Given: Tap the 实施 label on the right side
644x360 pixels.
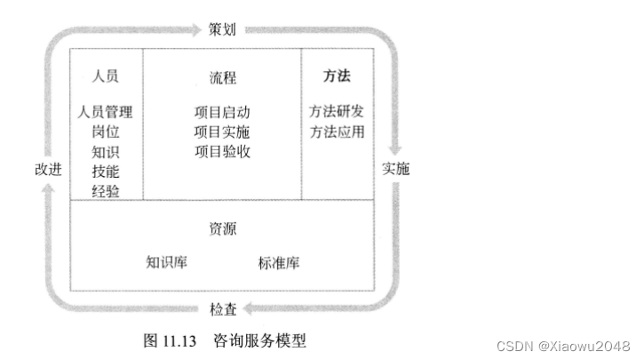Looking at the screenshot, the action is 395,169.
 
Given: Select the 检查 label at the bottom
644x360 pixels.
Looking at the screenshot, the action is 223,309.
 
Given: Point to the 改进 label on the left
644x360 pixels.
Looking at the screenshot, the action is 48,169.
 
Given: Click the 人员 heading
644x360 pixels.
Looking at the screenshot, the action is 105,76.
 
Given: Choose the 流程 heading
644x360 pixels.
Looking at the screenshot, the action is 222,77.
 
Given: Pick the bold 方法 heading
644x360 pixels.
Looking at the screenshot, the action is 337,76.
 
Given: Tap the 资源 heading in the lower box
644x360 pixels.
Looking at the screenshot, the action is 222,228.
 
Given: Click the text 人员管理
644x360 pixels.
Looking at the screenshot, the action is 105,112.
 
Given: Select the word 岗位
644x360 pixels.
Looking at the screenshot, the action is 105,132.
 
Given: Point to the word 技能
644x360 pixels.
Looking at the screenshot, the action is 105,171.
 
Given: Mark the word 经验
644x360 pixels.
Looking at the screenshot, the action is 105,190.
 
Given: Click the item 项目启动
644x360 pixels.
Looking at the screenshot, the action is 222,112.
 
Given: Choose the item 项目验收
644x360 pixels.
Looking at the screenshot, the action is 222,151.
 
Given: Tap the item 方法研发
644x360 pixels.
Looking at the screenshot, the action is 337,112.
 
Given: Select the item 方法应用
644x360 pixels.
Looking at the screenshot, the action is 337,132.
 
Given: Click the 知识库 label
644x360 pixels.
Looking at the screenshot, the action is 167,262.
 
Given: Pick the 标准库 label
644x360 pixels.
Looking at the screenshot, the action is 279,262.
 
